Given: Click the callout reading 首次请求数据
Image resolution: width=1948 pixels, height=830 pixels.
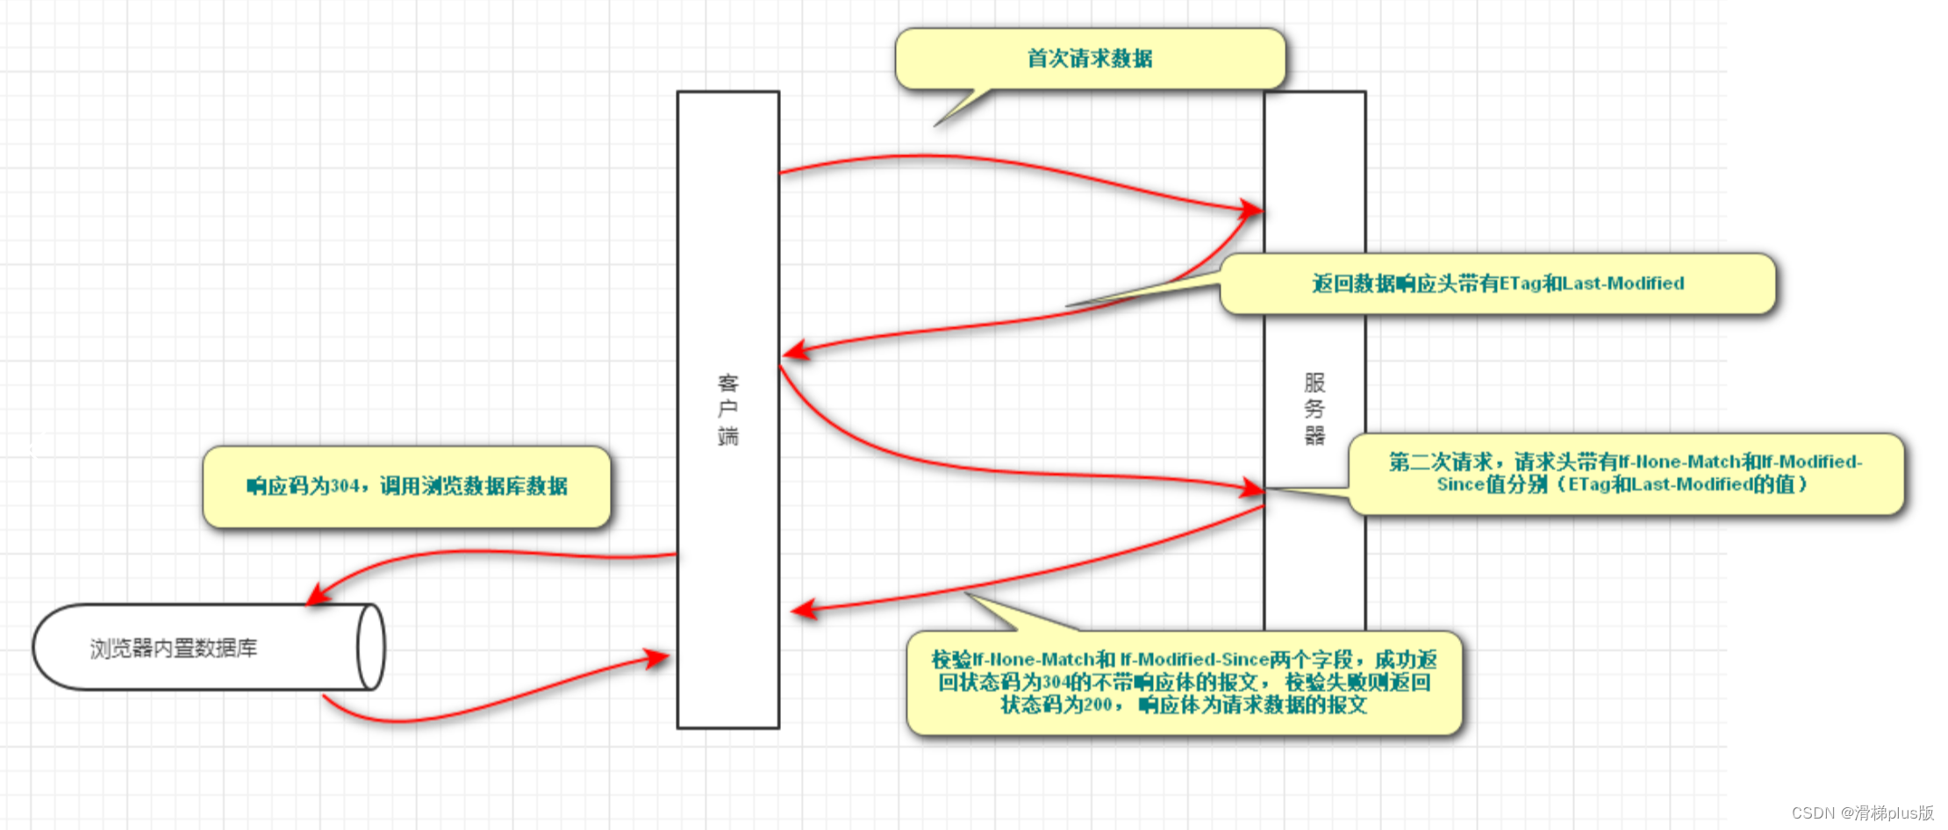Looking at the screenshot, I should coord(1090,59).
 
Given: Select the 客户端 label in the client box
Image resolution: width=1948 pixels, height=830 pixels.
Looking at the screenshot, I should coord(728,409).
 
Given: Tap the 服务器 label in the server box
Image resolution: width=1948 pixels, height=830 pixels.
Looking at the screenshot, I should coord(1314,409).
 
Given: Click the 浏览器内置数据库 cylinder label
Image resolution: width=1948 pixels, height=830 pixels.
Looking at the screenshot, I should coord(174,648).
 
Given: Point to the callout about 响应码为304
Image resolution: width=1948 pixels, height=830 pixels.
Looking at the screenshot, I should coord(406,486).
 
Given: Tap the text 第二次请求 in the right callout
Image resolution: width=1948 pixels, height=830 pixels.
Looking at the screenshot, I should coord(1440,462).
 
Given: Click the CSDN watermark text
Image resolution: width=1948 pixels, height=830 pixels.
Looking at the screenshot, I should coord(1862,813).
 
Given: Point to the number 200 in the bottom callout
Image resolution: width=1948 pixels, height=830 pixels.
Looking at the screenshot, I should coord(1098,705).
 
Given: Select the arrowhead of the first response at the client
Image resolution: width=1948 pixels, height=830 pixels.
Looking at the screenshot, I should coord(794,351).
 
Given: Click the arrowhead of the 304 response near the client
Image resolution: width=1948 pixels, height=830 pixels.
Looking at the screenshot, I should coord(802,610).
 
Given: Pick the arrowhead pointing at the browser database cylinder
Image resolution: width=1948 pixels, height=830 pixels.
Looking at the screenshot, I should coord(318,596).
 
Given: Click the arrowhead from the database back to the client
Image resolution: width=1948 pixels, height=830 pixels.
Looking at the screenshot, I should coord(657,657).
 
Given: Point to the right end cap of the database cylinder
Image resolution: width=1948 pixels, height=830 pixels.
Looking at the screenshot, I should coord(371,648).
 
